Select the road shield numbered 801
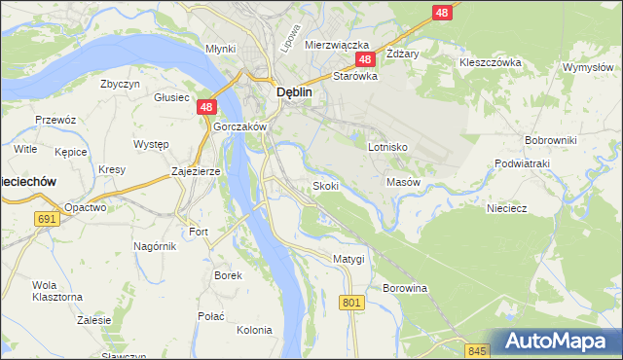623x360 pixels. click(x=352, y=304)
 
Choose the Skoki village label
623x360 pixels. click(x=325, y=186)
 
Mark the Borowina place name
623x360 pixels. click(x=405, y=289)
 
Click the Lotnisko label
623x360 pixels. click(x=387, y=147)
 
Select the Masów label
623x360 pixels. click(x=403, y=182)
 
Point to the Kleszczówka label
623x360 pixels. click(x=491, y=62)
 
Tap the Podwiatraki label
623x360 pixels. click(x=523, y=163)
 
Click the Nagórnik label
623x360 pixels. click(x=155, y=247)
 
